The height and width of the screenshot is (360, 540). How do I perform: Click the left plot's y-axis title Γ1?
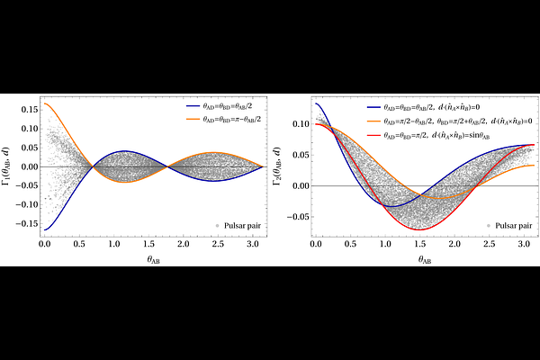(12, 166)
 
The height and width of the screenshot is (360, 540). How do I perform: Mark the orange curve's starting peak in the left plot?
(44, 103)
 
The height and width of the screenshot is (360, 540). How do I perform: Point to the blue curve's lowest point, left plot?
(44, 230)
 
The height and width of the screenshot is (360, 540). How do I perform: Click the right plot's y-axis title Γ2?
(283, 166)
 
